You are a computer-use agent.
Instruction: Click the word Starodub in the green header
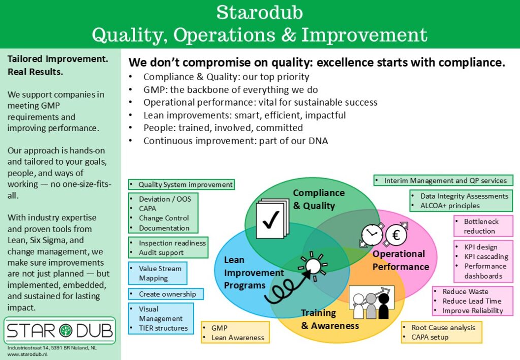point(259,12)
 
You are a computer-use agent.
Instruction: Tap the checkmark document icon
point(273,218)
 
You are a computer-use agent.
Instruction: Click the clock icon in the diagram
point(372,235)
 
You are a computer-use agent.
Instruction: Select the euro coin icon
point(396,235)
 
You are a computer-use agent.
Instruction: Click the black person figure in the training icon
point(384,305)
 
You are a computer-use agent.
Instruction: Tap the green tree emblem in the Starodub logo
point(66,331)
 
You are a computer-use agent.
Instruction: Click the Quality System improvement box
point(181,184)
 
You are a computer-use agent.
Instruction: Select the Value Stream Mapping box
point(157,273)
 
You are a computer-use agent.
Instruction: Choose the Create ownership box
point(166,294)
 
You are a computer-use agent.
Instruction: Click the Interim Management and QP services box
point(443,180)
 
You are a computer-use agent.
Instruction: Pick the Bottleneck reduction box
point(483,226)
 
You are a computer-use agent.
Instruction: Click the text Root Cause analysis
point(443,328)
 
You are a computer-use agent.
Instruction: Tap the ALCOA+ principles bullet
point(450,206)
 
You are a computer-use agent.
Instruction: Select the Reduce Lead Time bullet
point(472,301)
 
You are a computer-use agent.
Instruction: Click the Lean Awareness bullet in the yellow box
point(238,338)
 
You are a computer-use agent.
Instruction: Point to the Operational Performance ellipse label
point(401,260)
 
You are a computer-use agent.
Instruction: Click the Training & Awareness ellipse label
point(330,319)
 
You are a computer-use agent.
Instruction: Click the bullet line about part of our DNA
point(236,141)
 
